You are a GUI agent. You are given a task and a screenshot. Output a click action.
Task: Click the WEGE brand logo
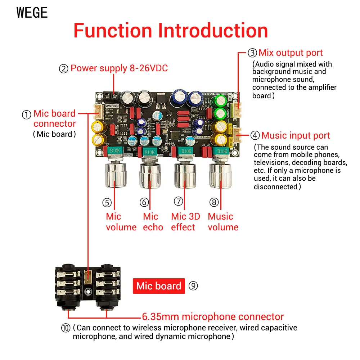click(32, 13)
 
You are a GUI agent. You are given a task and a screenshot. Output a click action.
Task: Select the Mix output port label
click(291, 53)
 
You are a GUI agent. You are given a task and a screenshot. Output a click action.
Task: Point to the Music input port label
click(296, 136)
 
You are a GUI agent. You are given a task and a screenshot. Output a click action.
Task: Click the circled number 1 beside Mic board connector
click(27, 115)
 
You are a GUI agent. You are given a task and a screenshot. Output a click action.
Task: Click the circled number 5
click(107, 203)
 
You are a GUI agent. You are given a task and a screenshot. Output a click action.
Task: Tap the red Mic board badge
click(159, 286)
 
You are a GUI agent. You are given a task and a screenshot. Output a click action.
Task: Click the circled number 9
click(193, 286)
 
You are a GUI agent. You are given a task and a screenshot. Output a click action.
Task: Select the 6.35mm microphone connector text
click(213, 317)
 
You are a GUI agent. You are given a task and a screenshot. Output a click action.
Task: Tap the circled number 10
click(66, 328)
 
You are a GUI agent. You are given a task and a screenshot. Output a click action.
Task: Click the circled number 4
click(255, 136)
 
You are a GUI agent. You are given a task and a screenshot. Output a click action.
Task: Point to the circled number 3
click(252, 53)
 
